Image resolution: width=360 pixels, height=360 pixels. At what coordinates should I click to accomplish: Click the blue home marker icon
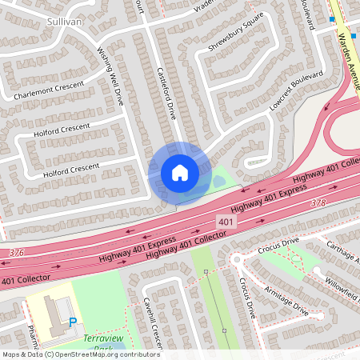(x=180, y=172)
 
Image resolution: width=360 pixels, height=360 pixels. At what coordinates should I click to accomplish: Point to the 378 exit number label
(x=318, y=203)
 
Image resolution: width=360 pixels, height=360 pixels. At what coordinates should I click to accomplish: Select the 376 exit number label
(x=15, y=253)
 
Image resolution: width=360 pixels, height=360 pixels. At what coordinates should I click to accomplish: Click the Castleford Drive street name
(x=166, y=93)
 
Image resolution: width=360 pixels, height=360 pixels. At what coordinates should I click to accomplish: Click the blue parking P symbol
(x=74, y=322)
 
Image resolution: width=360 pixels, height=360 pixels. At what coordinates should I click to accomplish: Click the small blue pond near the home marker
(x=218, y=182)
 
